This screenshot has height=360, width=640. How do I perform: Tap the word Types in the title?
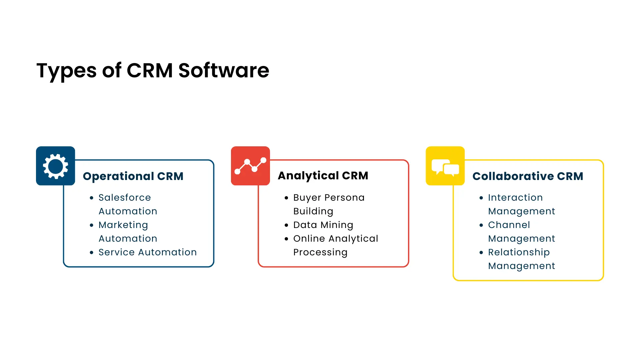(x=66, y=71)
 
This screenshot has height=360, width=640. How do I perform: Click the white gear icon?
(x=56, y=166)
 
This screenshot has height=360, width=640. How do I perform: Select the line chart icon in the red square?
(x=250, y=166)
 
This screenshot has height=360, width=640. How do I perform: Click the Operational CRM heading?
(x=133, y=176)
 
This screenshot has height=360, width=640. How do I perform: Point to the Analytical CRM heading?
(x=323, y=176)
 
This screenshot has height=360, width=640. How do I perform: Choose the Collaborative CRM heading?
(x=528, y=176)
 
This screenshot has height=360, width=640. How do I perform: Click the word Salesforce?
(x=125, y=197)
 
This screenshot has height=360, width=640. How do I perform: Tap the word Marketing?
(x=123, y=225)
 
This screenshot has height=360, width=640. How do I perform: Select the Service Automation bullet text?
(x=147, y=252)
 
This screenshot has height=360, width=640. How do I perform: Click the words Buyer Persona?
(x=329, y=197)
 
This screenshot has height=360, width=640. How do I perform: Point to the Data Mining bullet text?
(x=323, y=225)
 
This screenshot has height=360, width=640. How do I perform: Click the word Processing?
(x=320, y=252)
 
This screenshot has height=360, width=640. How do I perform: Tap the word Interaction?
(x=515, y=197)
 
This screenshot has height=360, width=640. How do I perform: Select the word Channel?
(x=509, y=225)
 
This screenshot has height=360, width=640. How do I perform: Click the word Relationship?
(x=519, y=252)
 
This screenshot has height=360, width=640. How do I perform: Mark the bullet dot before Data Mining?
(x=286, y=225)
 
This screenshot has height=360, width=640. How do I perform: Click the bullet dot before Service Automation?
(x=92, y=253)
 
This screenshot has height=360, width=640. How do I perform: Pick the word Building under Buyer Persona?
(x=313, y=211)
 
